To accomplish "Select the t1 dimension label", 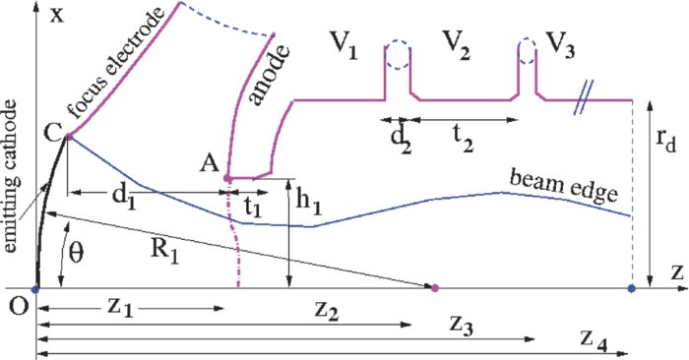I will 253,205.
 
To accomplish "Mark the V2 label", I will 463,44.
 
